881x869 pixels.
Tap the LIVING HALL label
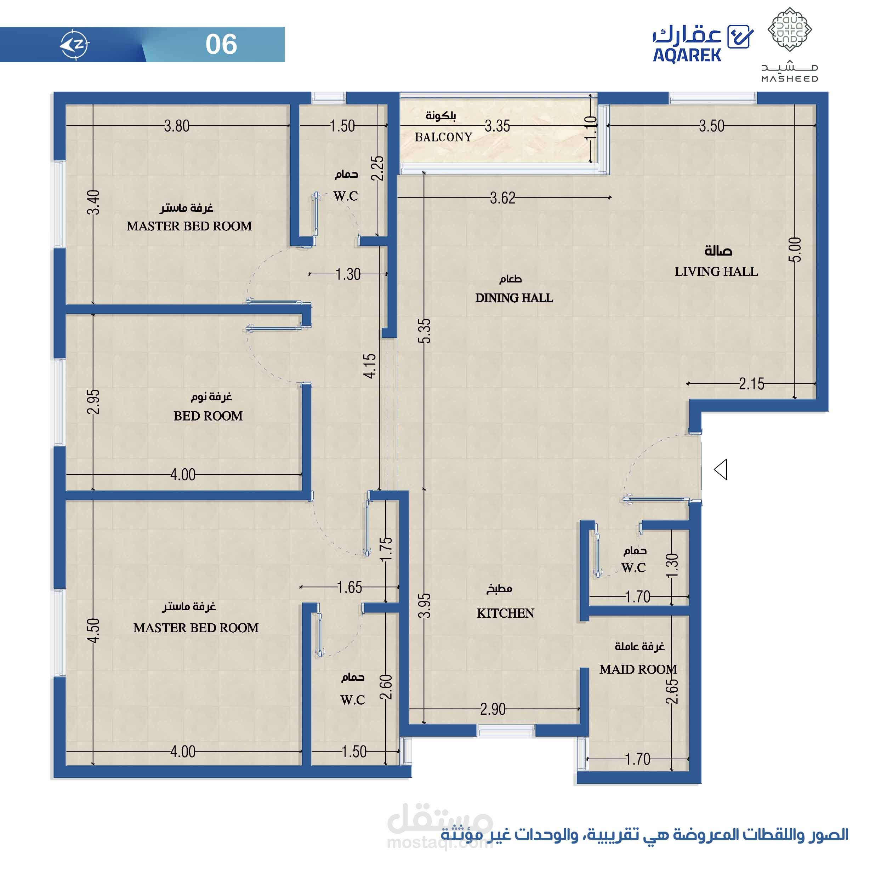coord(716,272)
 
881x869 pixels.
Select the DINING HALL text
coord(514,298)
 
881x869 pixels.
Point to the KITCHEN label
coord(505,613)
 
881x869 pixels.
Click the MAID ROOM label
coord(638,669)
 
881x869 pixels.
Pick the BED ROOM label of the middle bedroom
coord(208,416)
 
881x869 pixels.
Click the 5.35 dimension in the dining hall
coord(424,331)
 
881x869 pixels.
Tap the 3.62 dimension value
coord(502,198)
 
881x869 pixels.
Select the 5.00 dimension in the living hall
coord(794,250)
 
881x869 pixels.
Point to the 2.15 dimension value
coord(751,384)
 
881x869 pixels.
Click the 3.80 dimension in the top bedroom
coord(176,126)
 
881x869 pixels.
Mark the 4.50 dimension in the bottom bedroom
coord(93,630)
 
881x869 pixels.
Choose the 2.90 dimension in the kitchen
coord(493,709)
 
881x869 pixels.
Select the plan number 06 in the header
coord(221,44)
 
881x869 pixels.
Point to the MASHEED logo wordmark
coord(789,79)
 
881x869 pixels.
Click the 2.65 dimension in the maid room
coord(672,692)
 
